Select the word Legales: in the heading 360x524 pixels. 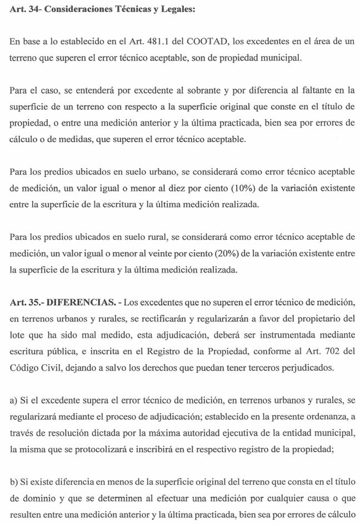(173, 12)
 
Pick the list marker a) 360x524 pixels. (14, 400)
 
